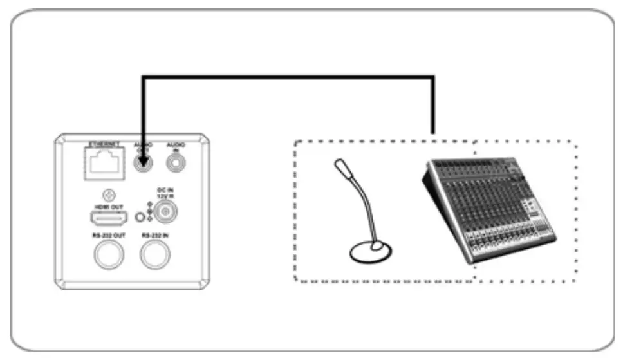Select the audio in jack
(x=175, y=164)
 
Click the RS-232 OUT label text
(x=106, y=236)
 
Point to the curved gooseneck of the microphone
(x=364, y=206)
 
